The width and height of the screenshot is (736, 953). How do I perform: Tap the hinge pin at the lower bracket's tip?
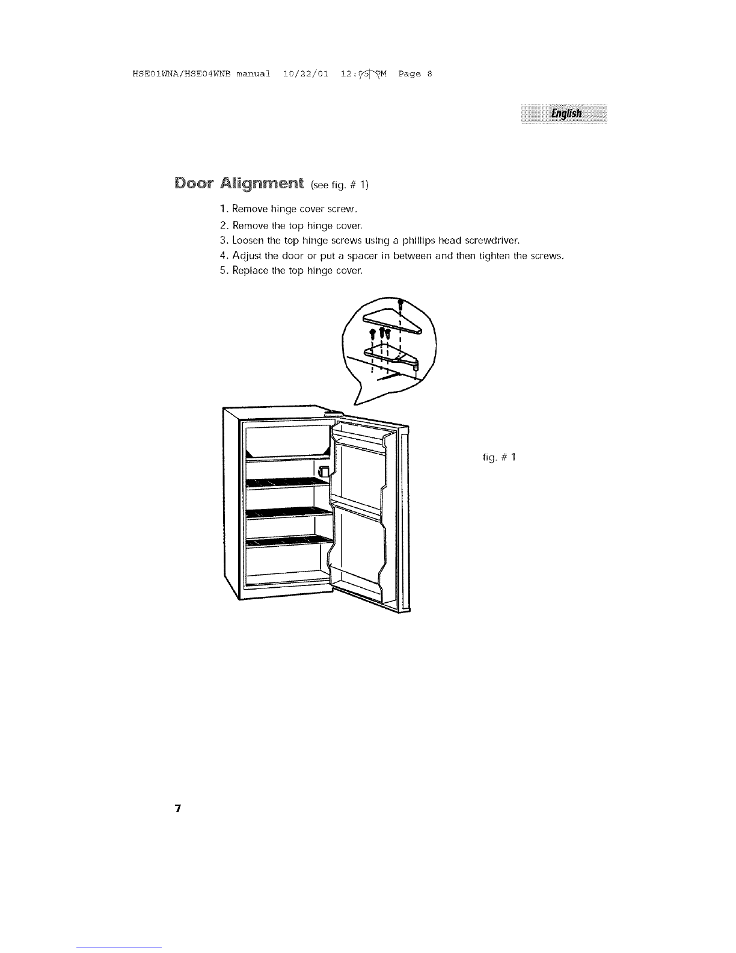416,363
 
